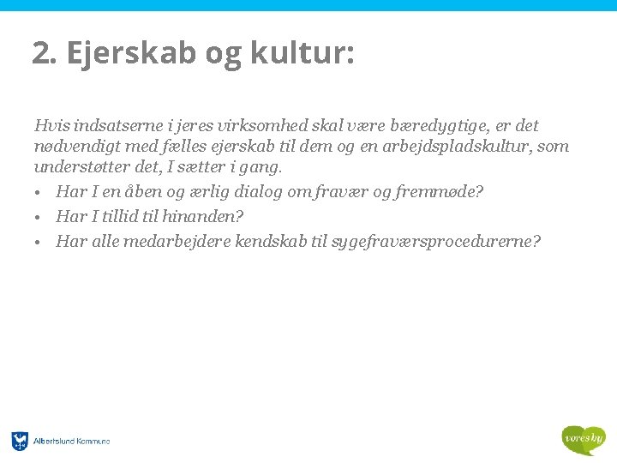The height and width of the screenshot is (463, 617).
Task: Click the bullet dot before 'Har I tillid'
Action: pyautogui.click(x=39, y=217)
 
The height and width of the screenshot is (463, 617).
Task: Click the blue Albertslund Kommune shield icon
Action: pyautogui.click(x=20, y=442)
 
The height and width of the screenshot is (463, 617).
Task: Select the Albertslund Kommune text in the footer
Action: pyautogui.click(x=72, y=442)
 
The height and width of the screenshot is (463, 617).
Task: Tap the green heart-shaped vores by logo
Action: pyautogui.click(x=583, y=440)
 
